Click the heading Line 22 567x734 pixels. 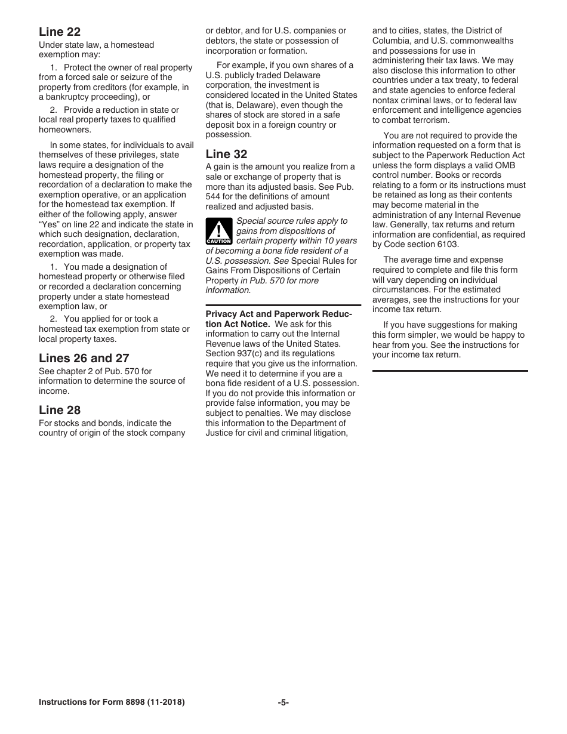coord(60,32)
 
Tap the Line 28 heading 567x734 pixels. coord(60,410)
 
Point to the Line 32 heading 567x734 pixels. coord(226,154)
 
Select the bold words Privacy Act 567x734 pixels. coord(227,314)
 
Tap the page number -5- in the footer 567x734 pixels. coord(283,702)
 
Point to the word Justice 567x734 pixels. coord(220,433)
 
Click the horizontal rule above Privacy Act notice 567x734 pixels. coord(283,305)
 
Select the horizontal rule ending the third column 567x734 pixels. coord(450,371)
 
